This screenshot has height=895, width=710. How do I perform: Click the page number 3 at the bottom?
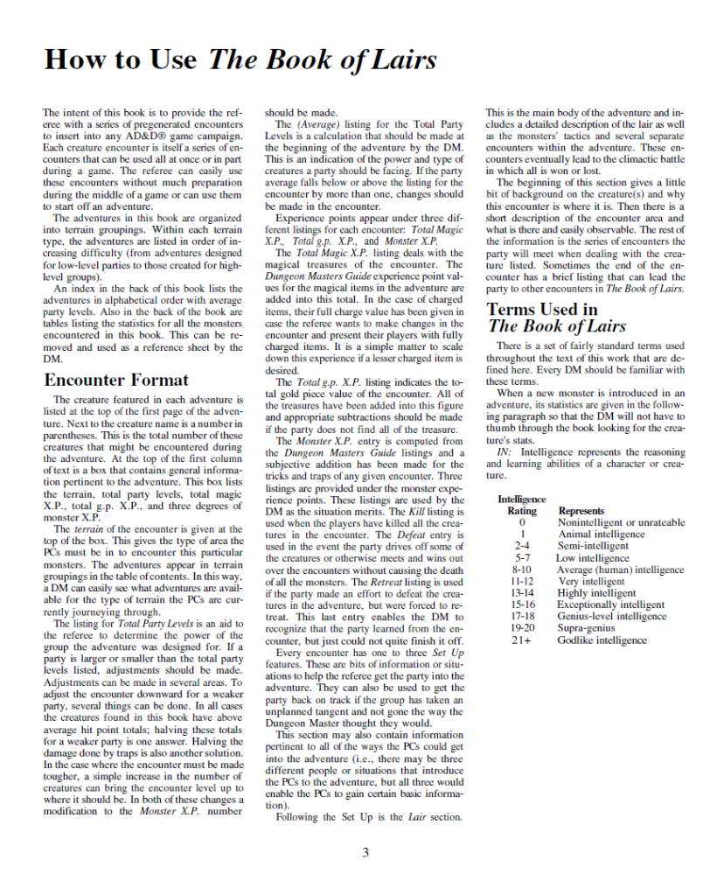coord(365,853)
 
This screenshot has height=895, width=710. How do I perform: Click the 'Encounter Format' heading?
coord(115,381)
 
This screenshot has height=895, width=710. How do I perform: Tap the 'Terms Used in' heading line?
coord(542,309)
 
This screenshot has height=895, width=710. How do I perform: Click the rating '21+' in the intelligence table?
coord(522,640)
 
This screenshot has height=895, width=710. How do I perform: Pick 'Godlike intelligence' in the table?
coord(602,640)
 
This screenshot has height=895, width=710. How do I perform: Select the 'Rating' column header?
coord(522,511)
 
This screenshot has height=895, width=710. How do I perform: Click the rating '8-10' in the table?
coord(522,570)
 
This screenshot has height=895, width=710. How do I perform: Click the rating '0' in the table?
coord(522,522)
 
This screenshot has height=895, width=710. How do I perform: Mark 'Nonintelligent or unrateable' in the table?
coord(621,522)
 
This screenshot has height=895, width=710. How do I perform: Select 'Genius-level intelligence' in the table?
coord(613,616)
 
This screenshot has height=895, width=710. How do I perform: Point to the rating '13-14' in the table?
coord(522,593)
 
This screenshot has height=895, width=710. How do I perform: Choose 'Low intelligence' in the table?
coord(592,557)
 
